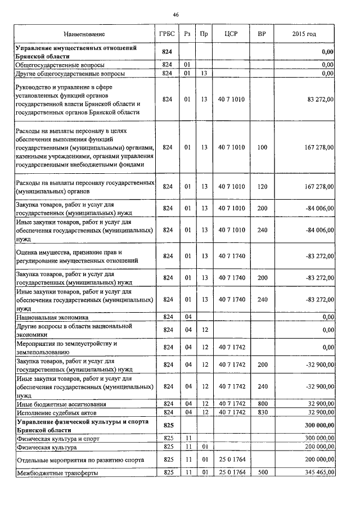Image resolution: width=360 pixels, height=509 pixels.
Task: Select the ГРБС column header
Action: coord(166,34)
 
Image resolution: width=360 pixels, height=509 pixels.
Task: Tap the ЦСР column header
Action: coord(231,34)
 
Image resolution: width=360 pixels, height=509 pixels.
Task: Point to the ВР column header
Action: coord(262,34)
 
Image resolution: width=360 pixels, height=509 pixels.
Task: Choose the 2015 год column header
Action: coord(304,34)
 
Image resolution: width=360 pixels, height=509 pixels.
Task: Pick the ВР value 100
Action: coord(262,147)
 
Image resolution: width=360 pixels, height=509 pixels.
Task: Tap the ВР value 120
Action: coord(262,186)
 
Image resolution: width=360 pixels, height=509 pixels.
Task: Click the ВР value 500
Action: coord(262,473)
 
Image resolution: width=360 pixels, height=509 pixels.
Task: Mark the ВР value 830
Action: coord(262,412)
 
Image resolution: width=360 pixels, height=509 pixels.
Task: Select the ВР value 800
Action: coord(262,404)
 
